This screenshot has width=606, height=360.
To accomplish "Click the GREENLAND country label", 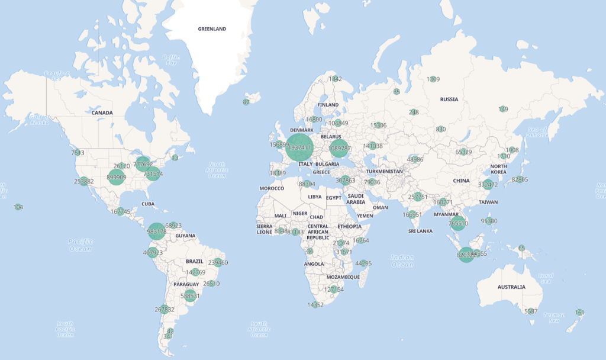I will click(212, 28).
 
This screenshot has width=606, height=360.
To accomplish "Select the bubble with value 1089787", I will click(340, 148).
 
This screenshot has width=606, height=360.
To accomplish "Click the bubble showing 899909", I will click(117, 177).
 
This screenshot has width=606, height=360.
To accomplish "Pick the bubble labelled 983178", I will click(156, 232).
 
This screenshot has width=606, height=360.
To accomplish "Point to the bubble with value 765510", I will click(458, 223).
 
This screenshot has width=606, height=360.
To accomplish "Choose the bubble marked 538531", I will click(189, 295).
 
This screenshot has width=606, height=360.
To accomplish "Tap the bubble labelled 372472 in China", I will click(488, 185).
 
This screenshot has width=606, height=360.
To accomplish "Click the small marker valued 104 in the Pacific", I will click(18, 207).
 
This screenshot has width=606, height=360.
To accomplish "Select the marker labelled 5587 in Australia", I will click(531, 311).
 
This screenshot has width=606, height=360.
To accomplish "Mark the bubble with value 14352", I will click(315, 305).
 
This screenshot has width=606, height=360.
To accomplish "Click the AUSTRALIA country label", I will click(511, 287).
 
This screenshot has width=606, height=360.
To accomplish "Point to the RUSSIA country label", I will click(449, 99).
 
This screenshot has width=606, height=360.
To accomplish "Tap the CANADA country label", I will click(102, 112).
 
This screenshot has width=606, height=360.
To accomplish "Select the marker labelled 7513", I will click(78, 152).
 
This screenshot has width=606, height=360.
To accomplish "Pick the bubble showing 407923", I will click(153, 253).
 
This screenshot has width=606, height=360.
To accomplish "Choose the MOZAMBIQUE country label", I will click(343, 277).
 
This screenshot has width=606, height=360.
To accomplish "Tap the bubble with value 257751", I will click(418, 197).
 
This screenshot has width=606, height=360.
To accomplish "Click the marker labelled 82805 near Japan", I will click(520, 179).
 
